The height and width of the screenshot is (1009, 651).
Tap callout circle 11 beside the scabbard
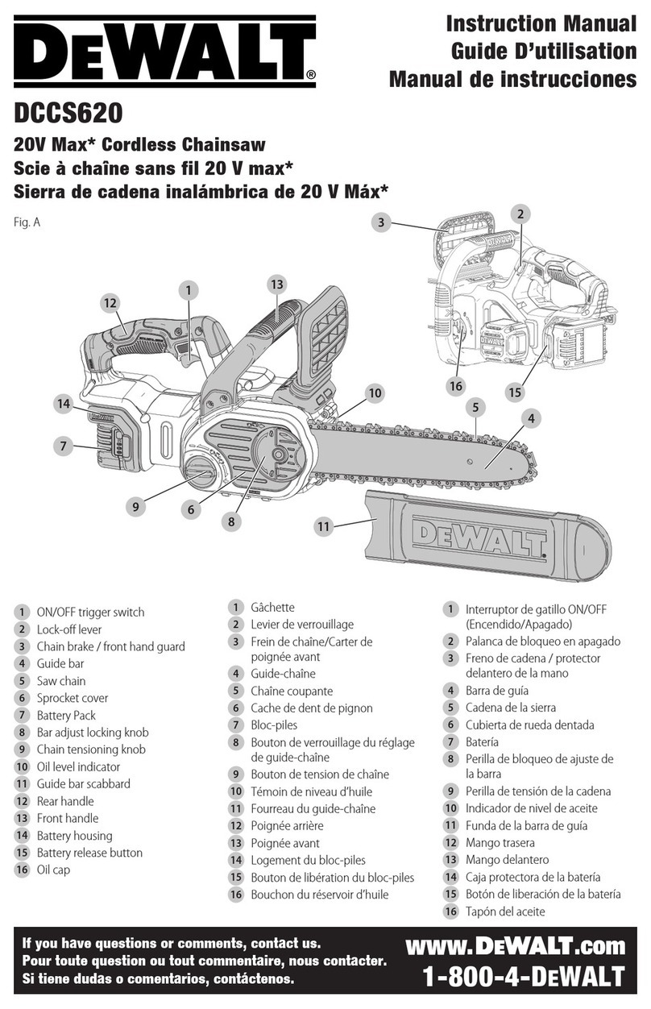click(324, 526)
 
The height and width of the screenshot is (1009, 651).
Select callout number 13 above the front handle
click(276, 284)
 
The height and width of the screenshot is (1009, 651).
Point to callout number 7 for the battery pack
click(62, 444)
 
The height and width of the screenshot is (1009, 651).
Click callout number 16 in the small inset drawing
click(456, 386)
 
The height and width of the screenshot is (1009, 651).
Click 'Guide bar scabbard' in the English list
click(84, 783)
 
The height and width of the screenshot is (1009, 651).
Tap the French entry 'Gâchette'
click(272, 607)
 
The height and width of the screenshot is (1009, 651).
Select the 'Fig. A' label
click(27, 221)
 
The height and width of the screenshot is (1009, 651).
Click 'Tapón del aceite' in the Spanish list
click(505, 911)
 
